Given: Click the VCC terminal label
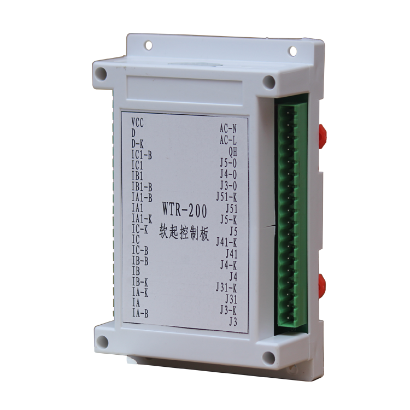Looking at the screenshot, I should [137, 121].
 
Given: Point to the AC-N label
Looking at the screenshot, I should [228, 129].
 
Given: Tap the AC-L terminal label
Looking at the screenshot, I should [228, 140].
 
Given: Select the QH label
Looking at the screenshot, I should [232, 151].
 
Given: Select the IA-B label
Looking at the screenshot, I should [140, 313].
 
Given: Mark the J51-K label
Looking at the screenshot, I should [226, 196].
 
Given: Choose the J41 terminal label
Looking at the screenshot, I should [230, 253].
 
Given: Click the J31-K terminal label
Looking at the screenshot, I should [226, 287].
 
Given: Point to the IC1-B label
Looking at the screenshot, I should [142, 155].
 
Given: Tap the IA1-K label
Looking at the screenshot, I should [142, 219].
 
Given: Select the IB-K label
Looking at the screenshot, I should [140, 282].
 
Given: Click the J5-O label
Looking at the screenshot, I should [228, 162].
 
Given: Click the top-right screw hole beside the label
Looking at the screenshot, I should [268, 82].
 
